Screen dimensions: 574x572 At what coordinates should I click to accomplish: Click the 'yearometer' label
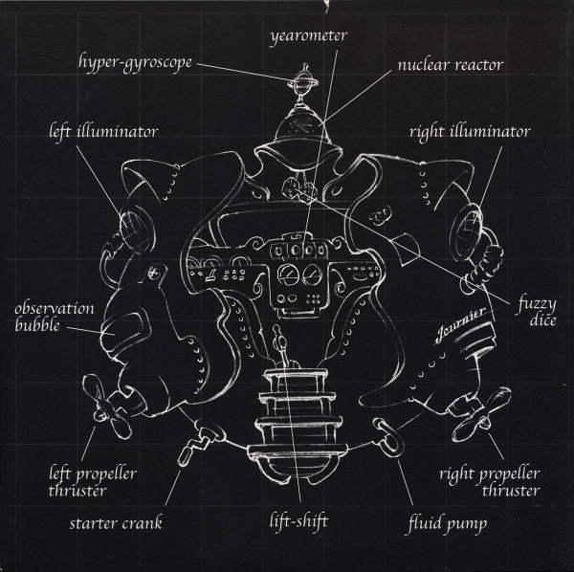pyautogui.click(x=309, y=37)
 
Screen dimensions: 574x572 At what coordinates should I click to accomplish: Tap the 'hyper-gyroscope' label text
pyautogui.click(x=135, y=63)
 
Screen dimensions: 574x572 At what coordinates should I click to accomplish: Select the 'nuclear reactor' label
pyautogui.click(x=451, y=65)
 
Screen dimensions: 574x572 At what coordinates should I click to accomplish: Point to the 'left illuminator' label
pyautogui.click(x=103, y=132)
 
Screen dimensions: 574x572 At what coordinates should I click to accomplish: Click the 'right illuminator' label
pyautogui.click(x=470, y=133)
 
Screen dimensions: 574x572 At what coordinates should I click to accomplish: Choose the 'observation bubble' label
pyautogui.click(x=55, y=317)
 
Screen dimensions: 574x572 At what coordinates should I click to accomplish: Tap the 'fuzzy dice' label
pyautogui.click(x=536, y=312)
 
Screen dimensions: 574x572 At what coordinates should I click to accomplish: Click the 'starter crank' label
pyautogui.click(x=116, y=523)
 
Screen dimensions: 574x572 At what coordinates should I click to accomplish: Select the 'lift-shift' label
pyautogui.click(x=298, y=520)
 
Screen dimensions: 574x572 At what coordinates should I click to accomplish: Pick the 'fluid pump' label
pyautogui.click(x=448, y=523)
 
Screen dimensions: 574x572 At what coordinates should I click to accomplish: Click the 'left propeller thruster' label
pyautogui.click(x=93, y=482)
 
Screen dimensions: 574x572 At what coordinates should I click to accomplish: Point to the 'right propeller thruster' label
pyautogui.click(x=490, y=482)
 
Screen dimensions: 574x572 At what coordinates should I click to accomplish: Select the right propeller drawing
pyautogui.click(x=480, y=414)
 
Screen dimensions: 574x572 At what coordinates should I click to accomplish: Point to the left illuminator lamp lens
pyautogui.click(x=133, y=226)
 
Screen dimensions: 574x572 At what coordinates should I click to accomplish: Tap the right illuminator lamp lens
pyautogui.click(x=465, y=231)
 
